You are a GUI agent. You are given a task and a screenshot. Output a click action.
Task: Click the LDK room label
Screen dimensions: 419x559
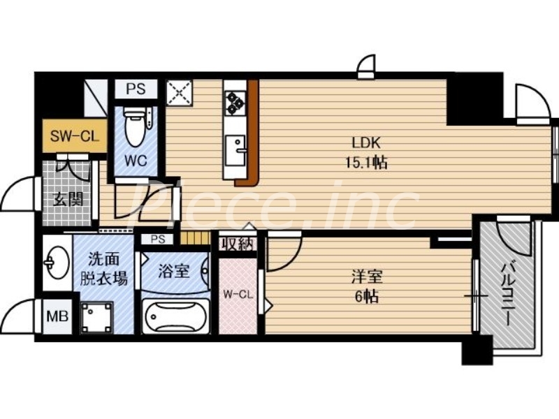365,143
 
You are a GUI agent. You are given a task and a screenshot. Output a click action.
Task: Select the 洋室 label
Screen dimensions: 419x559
365,276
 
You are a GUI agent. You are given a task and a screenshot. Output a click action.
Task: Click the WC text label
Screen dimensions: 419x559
135,161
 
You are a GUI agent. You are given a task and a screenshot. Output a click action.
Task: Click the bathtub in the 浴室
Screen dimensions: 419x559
175,317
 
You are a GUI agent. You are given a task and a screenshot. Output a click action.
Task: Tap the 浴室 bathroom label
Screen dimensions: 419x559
174,270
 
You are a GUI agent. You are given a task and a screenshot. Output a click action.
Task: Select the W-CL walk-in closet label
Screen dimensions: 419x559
238,294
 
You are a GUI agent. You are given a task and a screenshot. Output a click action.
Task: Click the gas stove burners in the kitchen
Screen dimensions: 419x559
235,103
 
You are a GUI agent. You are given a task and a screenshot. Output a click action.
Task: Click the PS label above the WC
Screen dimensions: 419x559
137,89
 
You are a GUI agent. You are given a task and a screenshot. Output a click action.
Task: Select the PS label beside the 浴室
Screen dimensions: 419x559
157,239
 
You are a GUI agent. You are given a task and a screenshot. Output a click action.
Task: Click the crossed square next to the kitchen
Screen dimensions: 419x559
180,91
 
